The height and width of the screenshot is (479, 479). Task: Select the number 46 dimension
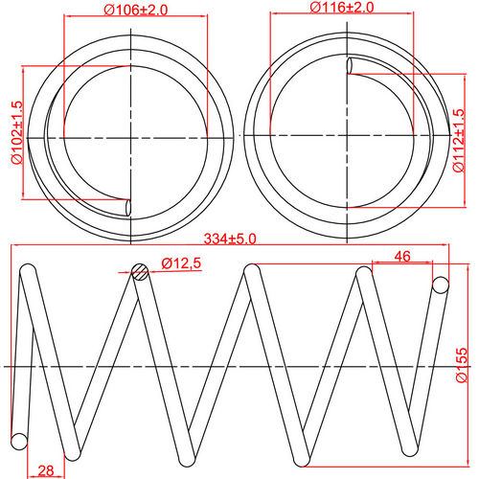[401, 257]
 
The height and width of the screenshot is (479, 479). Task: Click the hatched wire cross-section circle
[141, 271]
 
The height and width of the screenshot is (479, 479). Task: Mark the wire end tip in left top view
[129, 206]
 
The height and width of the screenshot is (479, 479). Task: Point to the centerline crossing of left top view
[134, 138]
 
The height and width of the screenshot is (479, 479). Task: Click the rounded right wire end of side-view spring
[441, 285]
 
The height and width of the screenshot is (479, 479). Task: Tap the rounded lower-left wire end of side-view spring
[18, 441]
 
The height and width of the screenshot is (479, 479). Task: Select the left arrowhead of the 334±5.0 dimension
[14, 246]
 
